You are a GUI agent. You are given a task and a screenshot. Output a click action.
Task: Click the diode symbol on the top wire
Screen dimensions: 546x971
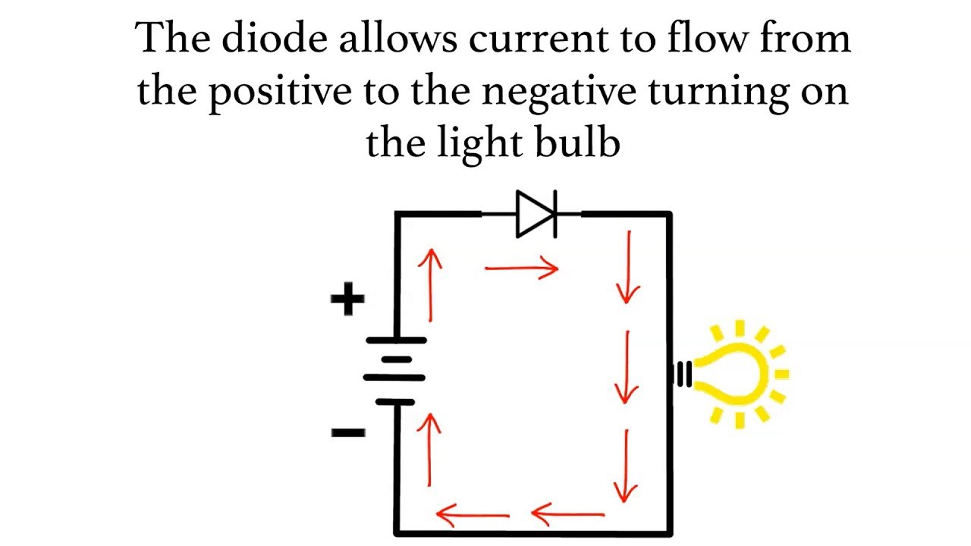tap(536, 215)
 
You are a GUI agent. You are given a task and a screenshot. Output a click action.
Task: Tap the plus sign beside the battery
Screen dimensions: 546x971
tap(347, 300)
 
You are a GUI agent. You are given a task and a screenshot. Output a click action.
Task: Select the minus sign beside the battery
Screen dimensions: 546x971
tap(348, 433)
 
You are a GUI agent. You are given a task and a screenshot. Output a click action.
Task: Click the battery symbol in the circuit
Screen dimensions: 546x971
tap(394, 371)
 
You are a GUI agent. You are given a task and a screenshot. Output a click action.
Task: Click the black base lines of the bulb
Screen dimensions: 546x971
tap(683, 373)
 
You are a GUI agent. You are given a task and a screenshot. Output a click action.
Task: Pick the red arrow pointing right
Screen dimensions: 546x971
tap(522, 268)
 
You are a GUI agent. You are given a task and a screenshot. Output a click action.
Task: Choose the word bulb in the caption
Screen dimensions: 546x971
tap(583, 142)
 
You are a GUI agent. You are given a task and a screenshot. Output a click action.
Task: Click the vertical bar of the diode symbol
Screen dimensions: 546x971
tap(555, 215)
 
